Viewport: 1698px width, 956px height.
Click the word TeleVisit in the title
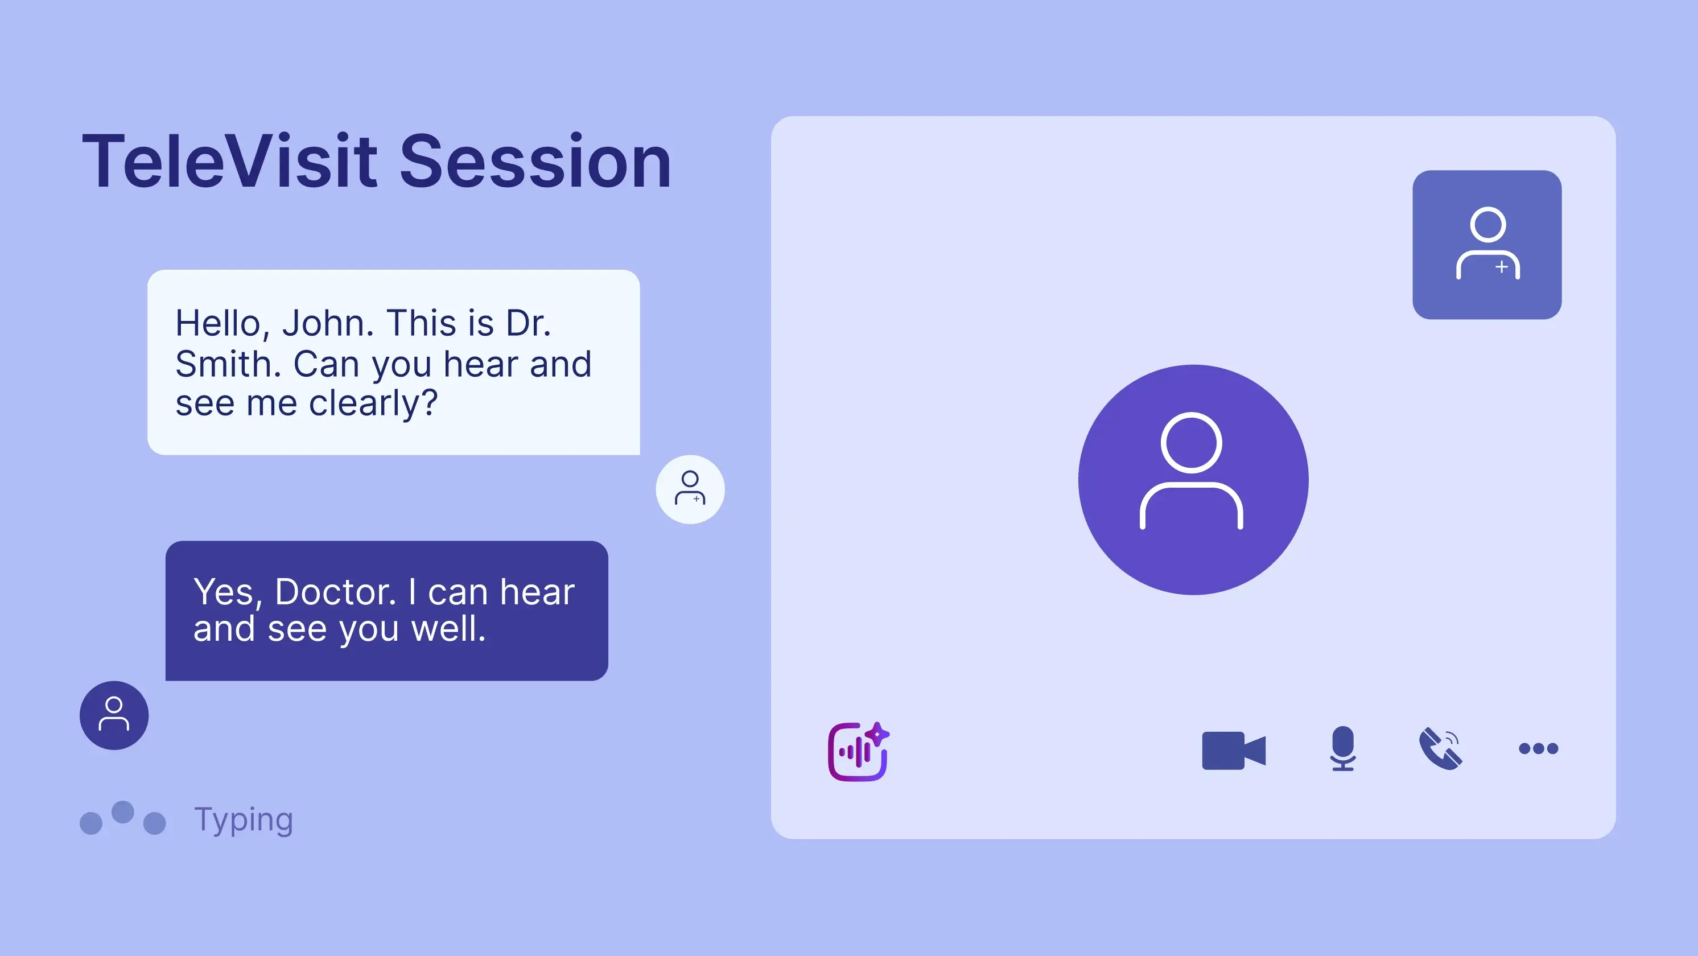pos(230,161)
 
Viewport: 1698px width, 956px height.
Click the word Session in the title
pos(535,161)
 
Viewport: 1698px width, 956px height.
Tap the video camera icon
pos(1234,751)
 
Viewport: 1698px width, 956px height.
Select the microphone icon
pos(1343,748)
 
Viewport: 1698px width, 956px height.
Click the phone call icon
pos(1441,748)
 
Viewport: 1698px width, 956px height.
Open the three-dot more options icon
pos(1539,748)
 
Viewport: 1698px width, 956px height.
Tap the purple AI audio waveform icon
pos(858,752)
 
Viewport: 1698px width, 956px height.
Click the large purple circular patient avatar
pos(1193,479)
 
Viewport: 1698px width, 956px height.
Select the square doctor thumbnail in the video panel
pos(1487,245)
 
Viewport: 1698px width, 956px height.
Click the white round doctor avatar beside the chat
pos(690,489)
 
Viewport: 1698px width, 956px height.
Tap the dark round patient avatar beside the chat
pos(114,715)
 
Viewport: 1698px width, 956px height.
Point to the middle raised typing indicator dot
pos(122,812)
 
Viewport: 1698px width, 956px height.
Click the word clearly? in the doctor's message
pos(373,403)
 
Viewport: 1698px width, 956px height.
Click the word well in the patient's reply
pos(448,628)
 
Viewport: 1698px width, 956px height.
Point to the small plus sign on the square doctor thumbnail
pos(1502,267)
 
